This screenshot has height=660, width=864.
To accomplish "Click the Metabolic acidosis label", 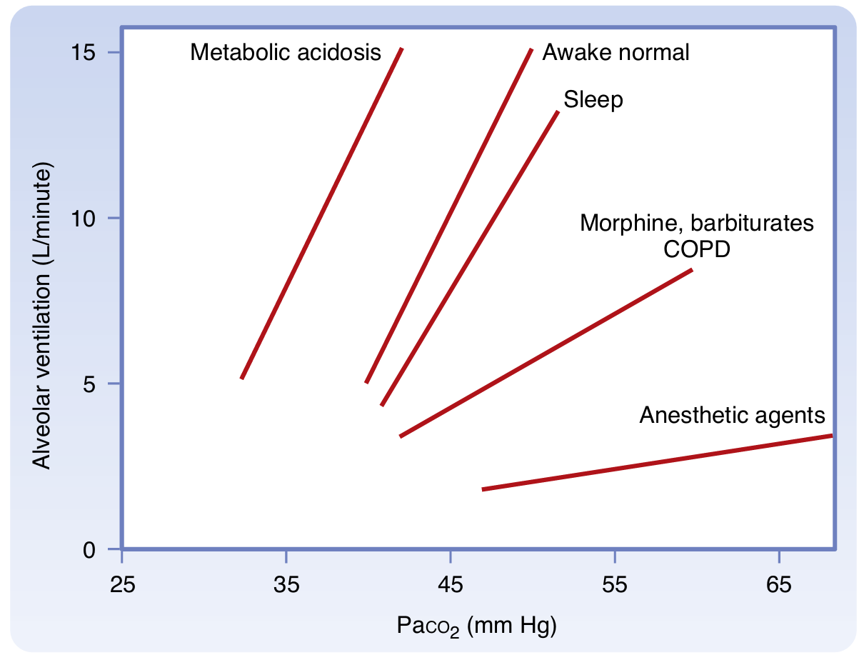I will point(286,52).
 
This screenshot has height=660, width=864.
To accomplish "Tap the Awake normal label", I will point(616,52).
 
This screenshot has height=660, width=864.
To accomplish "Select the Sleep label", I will point(593,99).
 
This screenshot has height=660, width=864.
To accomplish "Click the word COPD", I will point(696,249).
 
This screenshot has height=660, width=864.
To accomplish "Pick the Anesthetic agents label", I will point(732,415).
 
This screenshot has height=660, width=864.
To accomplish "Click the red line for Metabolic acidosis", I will point(321,214).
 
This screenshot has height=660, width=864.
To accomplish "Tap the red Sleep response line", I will point(470,258).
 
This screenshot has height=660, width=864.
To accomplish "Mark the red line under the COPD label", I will point(546,353).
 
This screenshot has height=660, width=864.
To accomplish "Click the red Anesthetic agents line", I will point(657,462).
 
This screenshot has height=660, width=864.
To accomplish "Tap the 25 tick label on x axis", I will point(122,584).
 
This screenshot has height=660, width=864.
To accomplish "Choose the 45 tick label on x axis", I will point(450,584).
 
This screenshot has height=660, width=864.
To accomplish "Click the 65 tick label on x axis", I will point(778,584).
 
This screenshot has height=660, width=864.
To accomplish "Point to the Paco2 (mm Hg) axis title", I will point(476,626).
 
